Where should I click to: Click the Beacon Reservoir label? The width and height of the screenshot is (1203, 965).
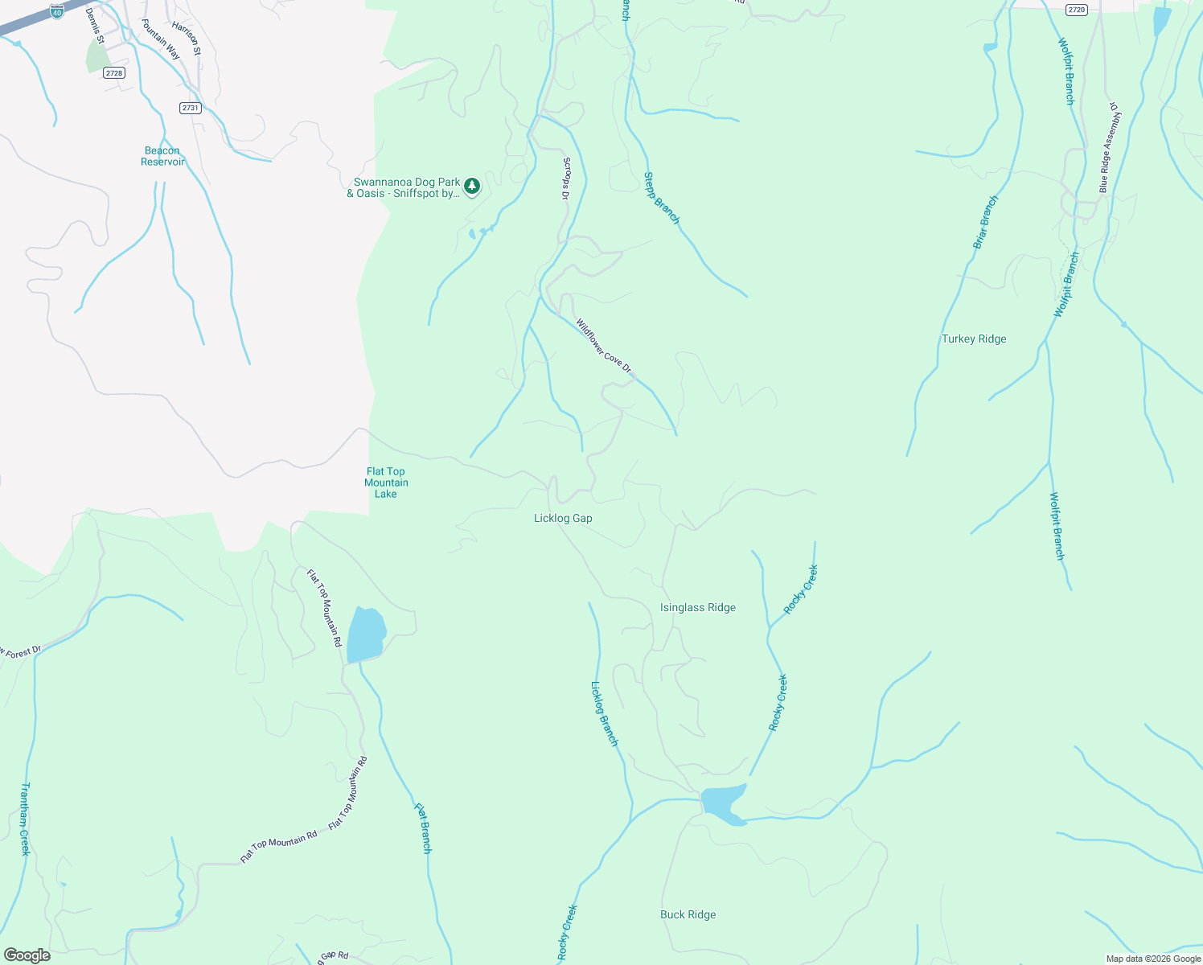(162, 156)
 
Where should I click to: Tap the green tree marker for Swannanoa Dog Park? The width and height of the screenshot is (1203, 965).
(472, 187)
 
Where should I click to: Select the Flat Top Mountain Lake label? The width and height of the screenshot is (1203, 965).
(386, 482)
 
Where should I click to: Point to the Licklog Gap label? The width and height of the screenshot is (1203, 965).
(563, 519)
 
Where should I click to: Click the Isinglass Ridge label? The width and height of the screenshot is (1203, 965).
(697, 608)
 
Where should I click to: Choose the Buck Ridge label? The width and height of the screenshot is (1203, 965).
(688, 914)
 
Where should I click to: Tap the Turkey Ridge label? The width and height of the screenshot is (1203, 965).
(974, 339)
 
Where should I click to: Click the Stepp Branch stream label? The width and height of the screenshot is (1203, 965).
(662, 199)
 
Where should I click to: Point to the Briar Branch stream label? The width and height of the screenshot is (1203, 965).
(985, 222)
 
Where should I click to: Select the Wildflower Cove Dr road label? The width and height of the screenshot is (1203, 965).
(604, 346)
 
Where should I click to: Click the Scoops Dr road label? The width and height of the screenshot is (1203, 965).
(566, 179)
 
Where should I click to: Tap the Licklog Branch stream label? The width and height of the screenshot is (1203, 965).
(605, 714)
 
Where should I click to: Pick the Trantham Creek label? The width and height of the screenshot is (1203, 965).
(25, 819)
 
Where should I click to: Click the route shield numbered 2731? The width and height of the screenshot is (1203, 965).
(190, 108)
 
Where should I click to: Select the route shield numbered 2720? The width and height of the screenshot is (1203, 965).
(1076, 10)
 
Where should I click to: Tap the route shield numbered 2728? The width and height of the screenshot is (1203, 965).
(114, 73)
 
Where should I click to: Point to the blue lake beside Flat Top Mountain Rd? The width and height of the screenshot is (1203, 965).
(366, 634)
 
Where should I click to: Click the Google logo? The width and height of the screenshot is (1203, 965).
(27, 955)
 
